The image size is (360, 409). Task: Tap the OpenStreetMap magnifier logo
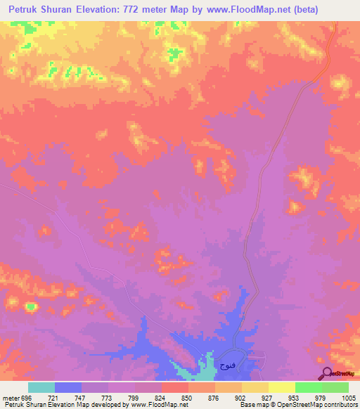[326, 373]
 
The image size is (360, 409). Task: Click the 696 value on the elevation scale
[26, 397]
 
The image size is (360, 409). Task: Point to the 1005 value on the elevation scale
[340, 397]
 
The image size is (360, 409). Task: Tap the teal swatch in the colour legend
[41, 387]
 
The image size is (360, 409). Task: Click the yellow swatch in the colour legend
[255, 387]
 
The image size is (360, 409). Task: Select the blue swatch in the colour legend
[68, 387]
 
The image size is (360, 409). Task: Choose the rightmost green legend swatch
[335, 387]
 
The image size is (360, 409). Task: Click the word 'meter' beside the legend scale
[10, 397]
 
